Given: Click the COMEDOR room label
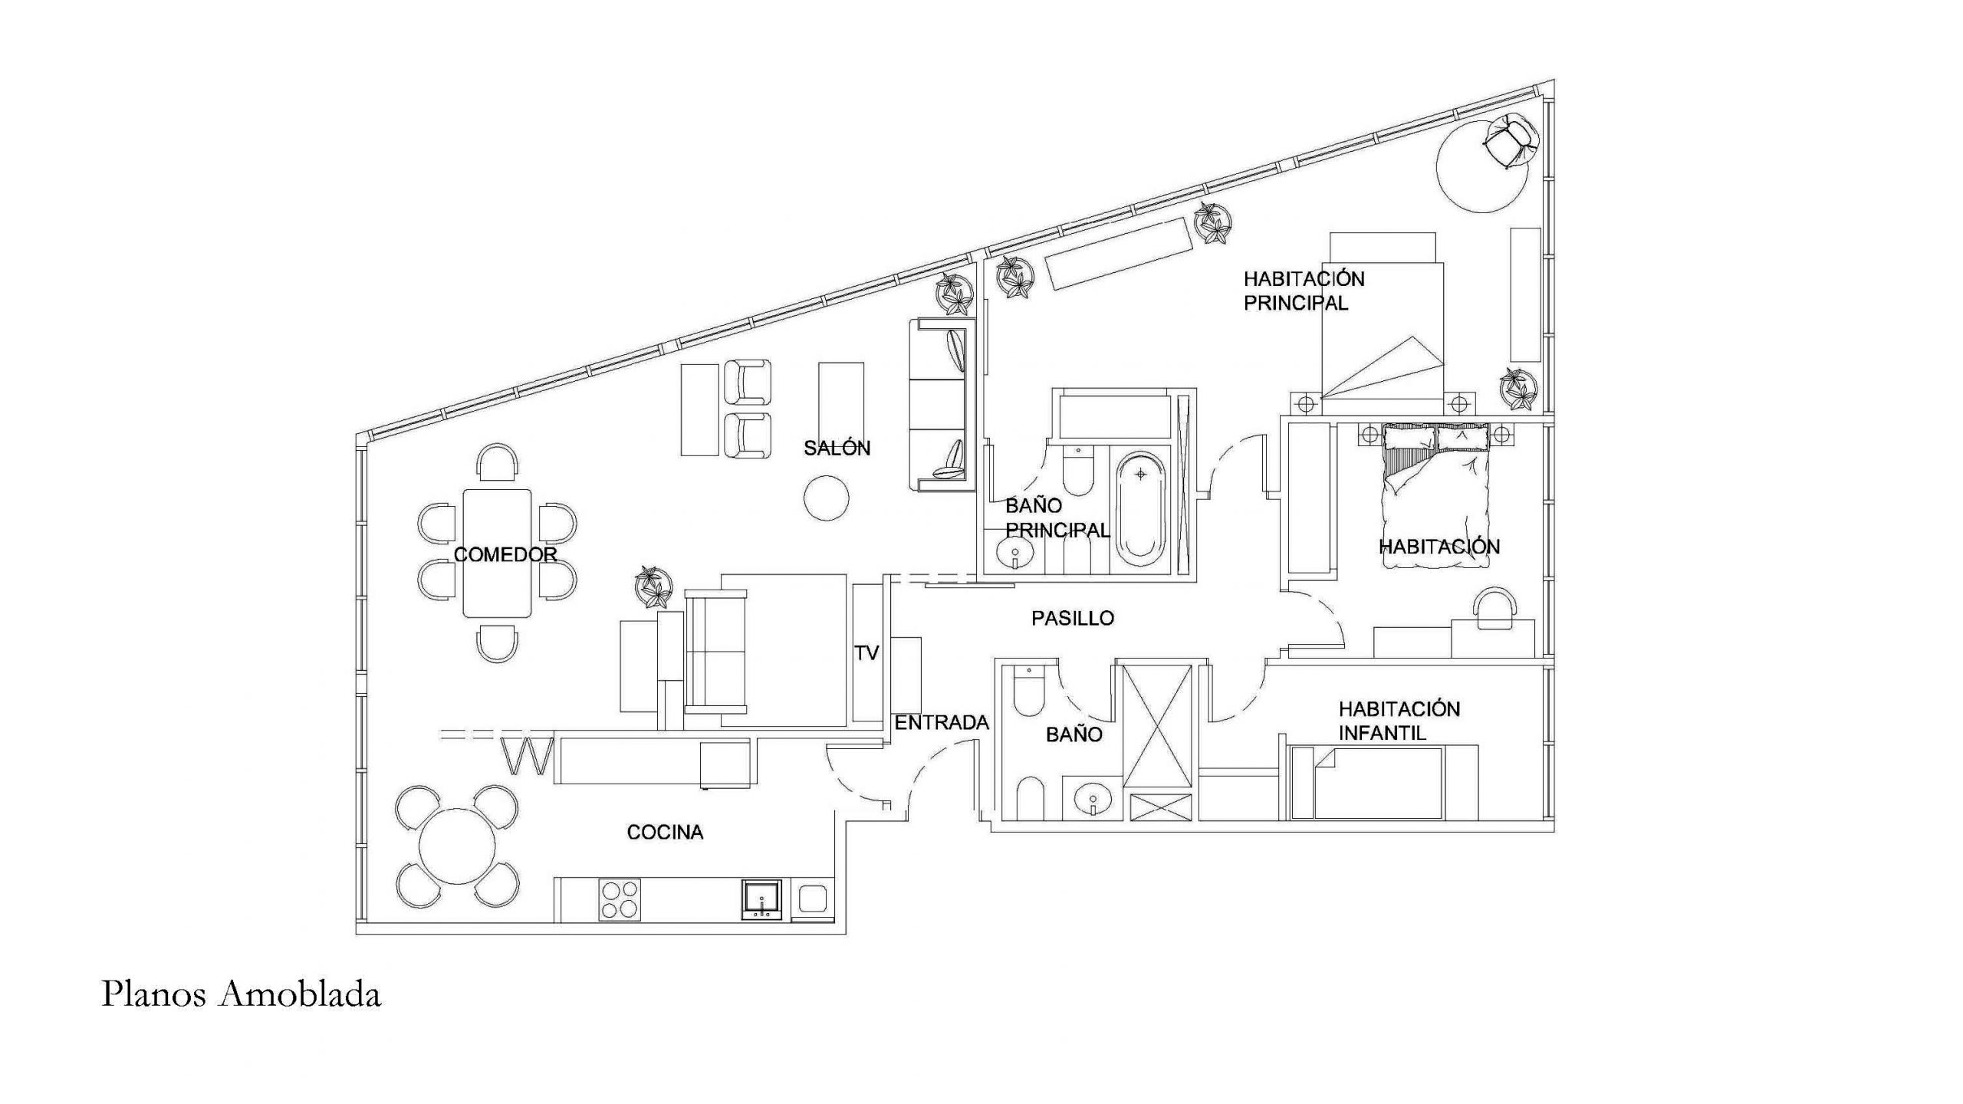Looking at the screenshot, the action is [505, 554].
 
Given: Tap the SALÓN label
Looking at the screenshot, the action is [837, 448].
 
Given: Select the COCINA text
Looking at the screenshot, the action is [665, 832].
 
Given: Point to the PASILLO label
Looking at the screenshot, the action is [1072, 618].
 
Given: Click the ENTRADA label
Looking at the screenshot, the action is [942, 722].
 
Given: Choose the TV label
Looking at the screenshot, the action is [866, 652].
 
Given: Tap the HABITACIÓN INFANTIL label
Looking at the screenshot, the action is [1399, 721].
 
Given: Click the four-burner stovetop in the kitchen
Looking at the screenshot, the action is [620, 899].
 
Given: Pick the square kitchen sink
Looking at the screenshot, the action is [761, 899].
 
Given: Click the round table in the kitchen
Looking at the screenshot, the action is [458, 846].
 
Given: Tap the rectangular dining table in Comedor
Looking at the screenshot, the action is [497, 553].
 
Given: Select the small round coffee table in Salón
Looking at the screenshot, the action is [826, 498].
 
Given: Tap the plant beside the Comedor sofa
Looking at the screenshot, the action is [653, 587].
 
